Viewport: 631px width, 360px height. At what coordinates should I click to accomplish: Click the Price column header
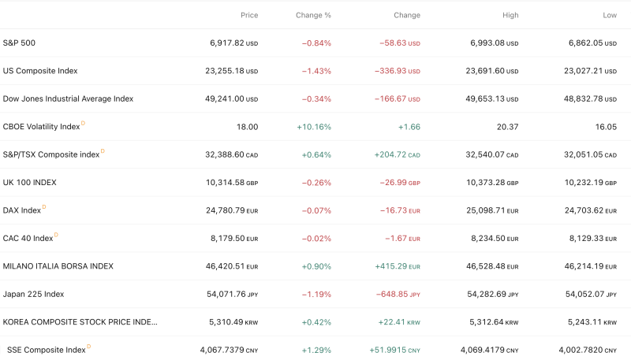click(248, 15)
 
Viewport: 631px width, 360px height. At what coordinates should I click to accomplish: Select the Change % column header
click(313, 15)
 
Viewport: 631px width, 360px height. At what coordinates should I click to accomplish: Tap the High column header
click(510, 15)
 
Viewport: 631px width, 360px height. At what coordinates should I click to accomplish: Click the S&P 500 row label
click(19, 43)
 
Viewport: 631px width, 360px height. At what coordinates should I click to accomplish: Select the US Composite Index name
click(40, 71)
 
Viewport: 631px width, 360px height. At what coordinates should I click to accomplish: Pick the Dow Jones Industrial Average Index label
click(68, 98)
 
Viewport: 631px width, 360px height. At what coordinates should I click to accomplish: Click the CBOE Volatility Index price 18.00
click(247, 127)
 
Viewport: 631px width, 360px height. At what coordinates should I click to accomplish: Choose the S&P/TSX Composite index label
click(51, 154)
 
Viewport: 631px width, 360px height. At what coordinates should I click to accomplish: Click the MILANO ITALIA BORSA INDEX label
click(58, 266)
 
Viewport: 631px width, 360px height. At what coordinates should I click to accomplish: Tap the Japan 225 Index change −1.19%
click(316, 295)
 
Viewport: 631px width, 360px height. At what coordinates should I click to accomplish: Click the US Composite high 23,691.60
click(484, 71)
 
